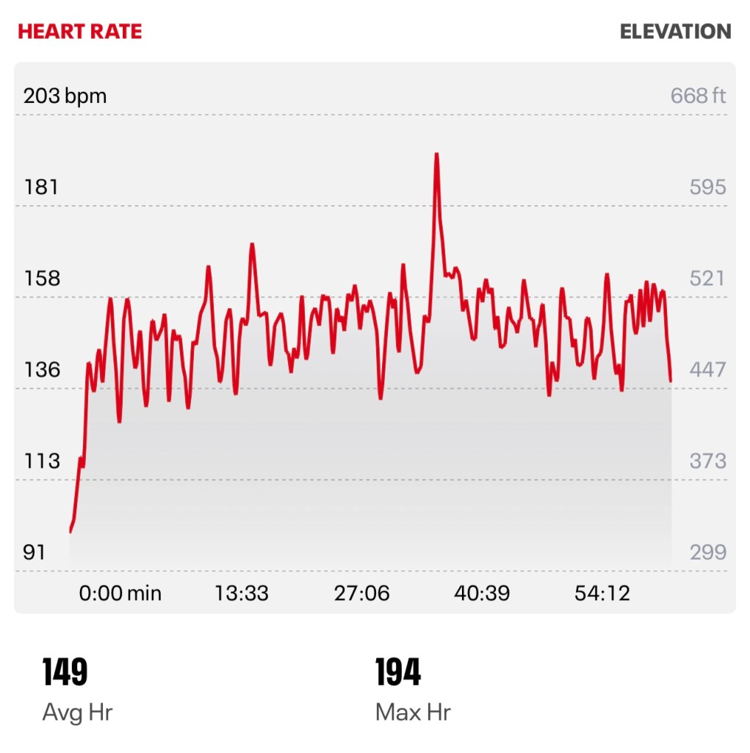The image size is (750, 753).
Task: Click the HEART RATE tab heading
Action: pyautogui.click(x=80, y=32)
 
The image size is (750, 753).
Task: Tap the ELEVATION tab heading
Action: pyautogui.click(x=675, y=32)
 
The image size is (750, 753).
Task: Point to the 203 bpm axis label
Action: pyautogui.click(x=65, y=96)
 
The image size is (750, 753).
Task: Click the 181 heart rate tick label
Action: pyautogui.click(x=41, y=188)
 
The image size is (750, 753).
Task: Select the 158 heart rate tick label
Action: pyautogui.click(x=41, y=279)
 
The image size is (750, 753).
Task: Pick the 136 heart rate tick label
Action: pyautogui.click(x=41, y=370)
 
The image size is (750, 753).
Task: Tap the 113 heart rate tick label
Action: pyautogui.click(x=41, y=461)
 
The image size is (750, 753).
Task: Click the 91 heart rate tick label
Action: pyautogui.click(x=35, y=552)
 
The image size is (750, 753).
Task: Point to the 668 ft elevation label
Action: pyautogui.click(x=698, y=96)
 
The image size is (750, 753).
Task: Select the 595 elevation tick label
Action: pyautogui.click(x=707, y=188)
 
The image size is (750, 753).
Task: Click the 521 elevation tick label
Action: pyautogui.click(x=707, y=279)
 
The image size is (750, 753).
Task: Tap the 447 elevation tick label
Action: pyautogui.click(x=707, y=370)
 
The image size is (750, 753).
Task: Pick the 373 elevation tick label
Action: pyautogui.click(x=707, y=461)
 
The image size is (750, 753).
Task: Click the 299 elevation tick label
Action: pyautogui.click(x=707, y=552)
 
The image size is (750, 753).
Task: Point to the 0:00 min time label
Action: pyautogui.click(x=120, y=593)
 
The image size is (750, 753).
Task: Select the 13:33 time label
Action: pyautogui.click(x=241, y=593)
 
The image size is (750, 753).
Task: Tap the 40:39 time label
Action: pyautogui.click(x=482, y=593)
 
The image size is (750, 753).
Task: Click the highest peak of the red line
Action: pyautogui.click(x=436, y=154)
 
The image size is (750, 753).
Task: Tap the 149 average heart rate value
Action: pyautogui.click(x=65, y=673)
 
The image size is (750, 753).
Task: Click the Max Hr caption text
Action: pyautogui.click(x=412, y=712)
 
